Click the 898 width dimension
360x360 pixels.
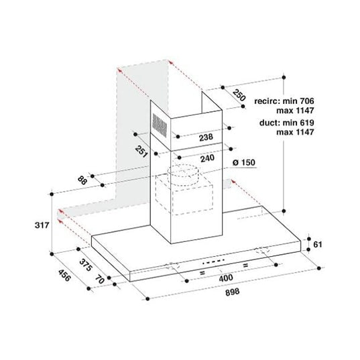233,292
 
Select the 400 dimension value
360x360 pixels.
226,278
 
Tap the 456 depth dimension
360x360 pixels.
64,275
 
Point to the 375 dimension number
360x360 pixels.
86,265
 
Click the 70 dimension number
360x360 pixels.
100,279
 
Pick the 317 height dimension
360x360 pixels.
42,225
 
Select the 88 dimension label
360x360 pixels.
82,180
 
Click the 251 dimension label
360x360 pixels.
141,152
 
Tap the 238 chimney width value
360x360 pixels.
206,137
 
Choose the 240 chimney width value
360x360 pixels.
207,158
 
